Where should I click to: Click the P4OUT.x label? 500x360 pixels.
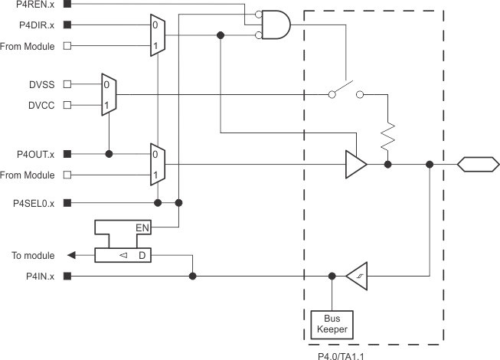click(x=35, y=154)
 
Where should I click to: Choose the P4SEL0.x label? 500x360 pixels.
click(x=34, y=203)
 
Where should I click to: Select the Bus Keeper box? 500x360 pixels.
click(x=332, y=324)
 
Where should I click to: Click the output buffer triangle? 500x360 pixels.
click(x=355, y=164)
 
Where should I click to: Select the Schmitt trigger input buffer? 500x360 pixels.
click(x=357, y=276)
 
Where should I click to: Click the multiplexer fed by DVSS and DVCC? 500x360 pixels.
click(x=109, y=95)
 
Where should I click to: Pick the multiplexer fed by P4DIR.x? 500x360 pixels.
click(x=157, y=35)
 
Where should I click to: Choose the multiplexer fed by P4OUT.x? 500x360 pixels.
click(x=157, y=164)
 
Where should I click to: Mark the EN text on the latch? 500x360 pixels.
click(x=142, y=228)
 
